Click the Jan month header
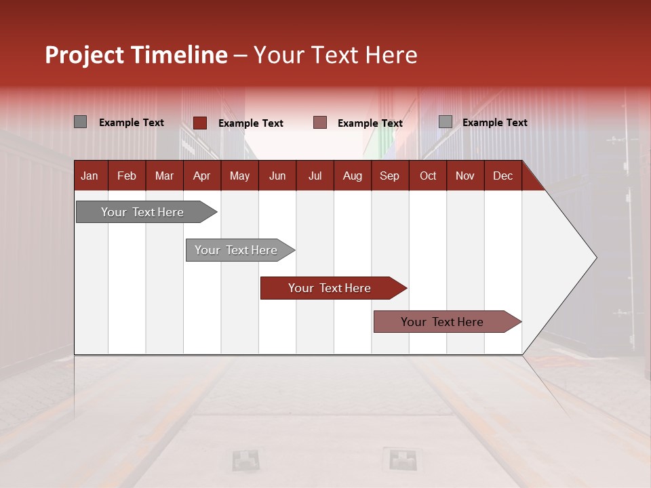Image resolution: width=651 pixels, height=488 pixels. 90,176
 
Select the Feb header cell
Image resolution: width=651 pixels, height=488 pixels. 127,176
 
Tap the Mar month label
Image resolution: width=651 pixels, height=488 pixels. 164,176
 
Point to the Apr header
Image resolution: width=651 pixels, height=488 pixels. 201,176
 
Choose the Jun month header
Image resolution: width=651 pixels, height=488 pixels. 277,176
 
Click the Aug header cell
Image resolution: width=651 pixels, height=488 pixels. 352,176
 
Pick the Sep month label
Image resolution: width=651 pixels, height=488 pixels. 389,176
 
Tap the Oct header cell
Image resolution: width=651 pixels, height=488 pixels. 428,176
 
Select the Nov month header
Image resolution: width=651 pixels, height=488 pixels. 465,176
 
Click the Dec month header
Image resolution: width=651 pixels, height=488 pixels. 502,176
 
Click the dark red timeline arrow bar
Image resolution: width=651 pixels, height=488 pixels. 332,288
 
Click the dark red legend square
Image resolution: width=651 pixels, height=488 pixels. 200,123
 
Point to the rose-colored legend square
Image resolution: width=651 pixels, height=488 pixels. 320,123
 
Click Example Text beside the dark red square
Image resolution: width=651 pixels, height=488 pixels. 250,123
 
